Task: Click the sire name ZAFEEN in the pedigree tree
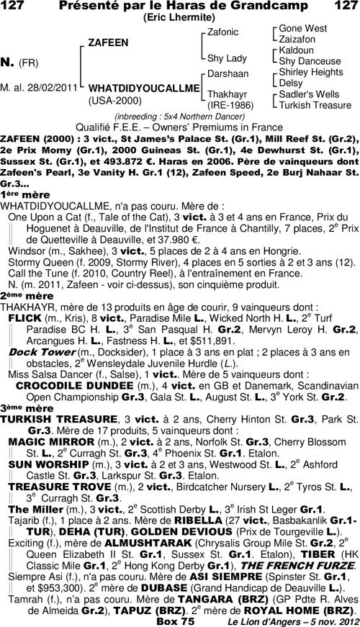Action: point(108,42)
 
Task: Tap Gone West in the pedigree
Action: point(302,28)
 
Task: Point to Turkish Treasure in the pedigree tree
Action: point(315,105)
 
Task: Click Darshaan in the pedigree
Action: point(228,74)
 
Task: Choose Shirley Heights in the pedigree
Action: point(311,72)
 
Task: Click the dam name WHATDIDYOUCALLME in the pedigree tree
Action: point(143,88)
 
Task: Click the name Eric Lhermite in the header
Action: point(180,16)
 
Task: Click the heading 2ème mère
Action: point(22,295)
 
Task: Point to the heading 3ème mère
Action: point(22,407)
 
